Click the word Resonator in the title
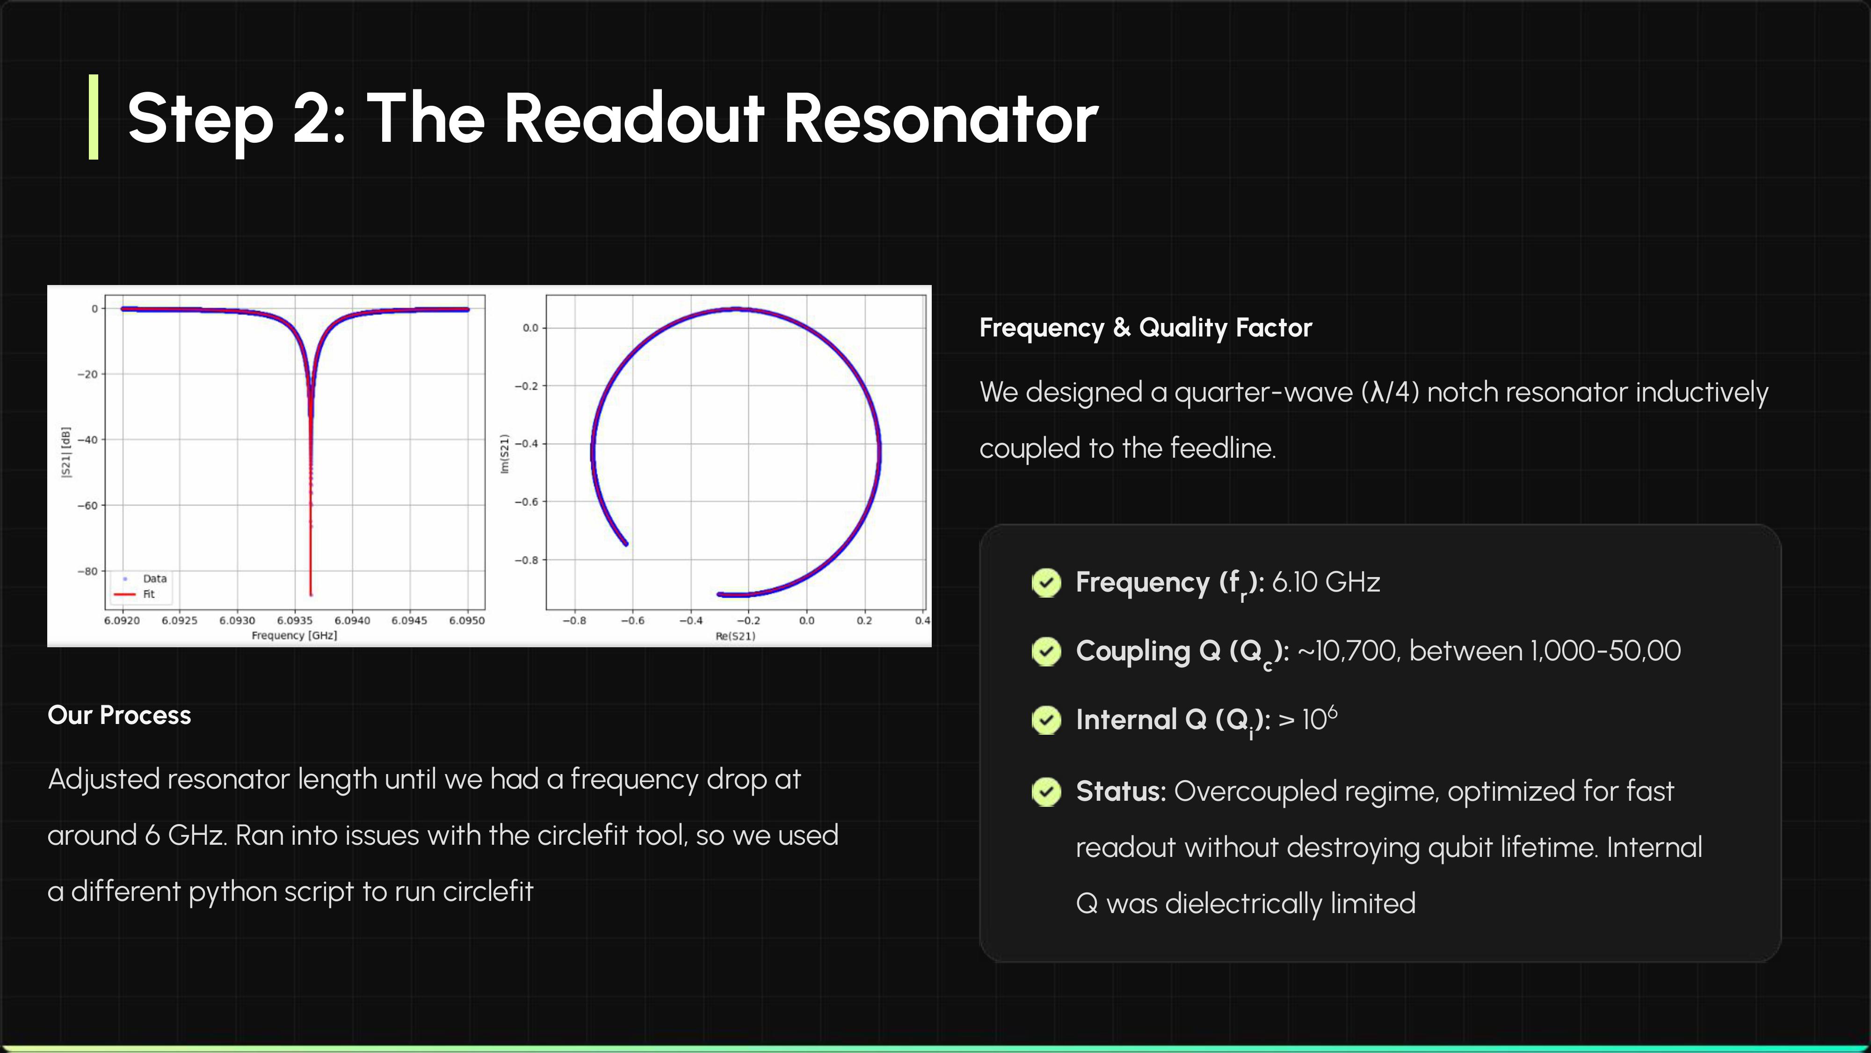(941, 118)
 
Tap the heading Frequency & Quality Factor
(1146, 328)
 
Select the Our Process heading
(119, 715)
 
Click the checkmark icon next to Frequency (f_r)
(1046, 582)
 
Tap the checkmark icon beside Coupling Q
(1046, 651)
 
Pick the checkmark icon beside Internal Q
(1046, 720)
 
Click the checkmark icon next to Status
(1046, 791)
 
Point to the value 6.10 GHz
(1326, 582)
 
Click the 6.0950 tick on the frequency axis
(466, 621)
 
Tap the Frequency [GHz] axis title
(294, 635)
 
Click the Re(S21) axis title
(735, 636)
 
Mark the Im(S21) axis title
(504, 453)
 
